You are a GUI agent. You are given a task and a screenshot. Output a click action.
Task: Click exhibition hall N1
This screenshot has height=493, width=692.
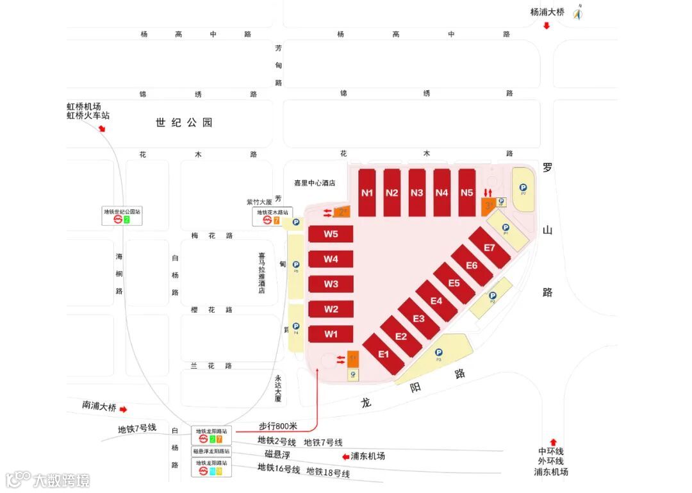[367, 192]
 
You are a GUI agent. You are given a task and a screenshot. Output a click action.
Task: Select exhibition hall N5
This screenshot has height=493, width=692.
[467, 192]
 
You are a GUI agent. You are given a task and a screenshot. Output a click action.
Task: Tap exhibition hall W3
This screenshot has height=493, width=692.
[331, 284]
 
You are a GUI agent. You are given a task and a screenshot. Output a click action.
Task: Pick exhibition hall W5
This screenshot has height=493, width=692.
[331, 234]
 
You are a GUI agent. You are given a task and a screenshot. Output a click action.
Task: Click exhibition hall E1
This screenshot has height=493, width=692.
[384, 353]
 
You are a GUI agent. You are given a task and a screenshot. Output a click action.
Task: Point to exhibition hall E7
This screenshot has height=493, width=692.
[490, 247]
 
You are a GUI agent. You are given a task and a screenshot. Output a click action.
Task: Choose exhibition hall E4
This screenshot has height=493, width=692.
[436, 301]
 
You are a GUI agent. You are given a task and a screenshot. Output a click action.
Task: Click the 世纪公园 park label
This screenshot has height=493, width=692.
[184, 122]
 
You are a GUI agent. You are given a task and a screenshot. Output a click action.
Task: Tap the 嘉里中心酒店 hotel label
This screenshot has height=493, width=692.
[315, 183]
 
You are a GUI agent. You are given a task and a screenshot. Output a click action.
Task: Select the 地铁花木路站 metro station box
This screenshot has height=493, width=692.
[272, 216]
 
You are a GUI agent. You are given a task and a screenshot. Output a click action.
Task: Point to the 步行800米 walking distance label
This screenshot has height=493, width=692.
[278, 426]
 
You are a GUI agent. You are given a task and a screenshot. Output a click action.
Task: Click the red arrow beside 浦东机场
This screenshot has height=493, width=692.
[346, 456]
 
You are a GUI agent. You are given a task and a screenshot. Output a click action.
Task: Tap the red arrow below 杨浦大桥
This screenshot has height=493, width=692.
[547, 26]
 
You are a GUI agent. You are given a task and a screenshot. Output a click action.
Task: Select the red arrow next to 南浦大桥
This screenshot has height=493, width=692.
[124, 409]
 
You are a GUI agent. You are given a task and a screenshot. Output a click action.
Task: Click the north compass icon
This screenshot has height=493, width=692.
[578, 12]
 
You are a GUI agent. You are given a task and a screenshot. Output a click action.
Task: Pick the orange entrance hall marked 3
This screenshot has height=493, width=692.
[488, 206]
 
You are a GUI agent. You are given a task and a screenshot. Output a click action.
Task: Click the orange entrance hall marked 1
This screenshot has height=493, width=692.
[352, 359]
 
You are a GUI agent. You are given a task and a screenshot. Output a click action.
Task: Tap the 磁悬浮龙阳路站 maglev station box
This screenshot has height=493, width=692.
[212, 451]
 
